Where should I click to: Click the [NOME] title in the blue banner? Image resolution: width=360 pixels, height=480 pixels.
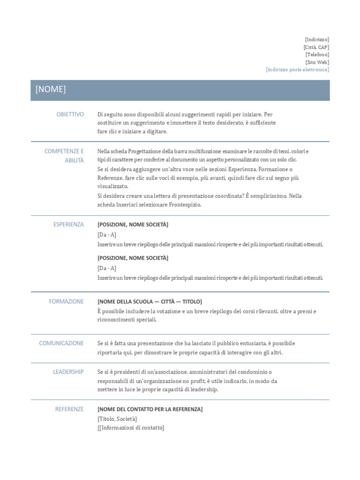pyautogui.click(x=51, y=90)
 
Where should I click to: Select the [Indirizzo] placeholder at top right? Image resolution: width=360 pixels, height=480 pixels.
pyautogui.click(x=317, y=40)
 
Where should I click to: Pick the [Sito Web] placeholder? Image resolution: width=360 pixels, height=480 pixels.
pyautogui.click(x=317, y=62)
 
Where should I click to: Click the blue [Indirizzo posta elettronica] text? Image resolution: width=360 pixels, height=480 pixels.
pyautogui.click(x=297, y=70)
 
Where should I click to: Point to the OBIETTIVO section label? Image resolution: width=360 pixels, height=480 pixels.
pyautogui.click(x=70, y=114)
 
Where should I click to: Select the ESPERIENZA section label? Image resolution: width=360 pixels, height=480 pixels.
pyautogui.click(x=68, y=225)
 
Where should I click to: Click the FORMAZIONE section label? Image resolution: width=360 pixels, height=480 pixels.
pyautogui.click(x=66, y=301)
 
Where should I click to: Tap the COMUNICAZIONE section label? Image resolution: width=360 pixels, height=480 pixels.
pyautogui.click(x=61, y=343)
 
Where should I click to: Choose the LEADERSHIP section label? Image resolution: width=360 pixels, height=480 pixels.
pyautogui.click(x=68, y=372)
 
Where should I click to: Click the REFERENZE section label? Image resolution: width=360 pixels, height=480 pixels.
pyautogui.click(x=69, y=409)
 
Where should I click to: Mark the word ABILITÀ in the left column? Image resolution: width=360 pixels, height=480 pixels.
pyautogui.click(x=75, y=160)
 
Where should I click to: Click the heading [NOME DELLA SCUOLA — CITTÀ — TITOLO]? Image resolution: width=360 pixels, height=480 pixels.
pyautogui.click(x=150, y=302)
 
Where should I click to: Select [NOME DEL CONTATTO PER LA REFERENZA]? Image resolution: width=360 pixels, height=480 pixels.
pyautogui.click(x=150, y=410)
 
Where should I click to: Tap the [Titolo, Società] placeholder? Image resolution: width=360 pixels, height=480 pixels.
pyautogui.click(x=117, y=419)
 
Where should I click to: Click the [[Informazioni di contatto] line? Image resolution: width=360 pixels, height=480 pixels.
pyautogui.click(x=131, y=427)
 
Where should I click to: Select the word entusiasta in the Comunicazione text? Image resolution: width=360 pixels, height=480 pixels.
pyautogui.click(x=261, y=343)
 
